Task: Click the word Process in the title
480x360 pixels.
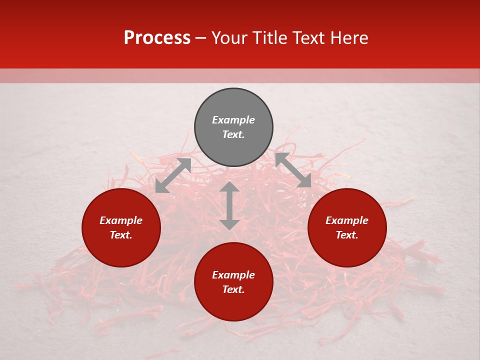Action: (157, 38)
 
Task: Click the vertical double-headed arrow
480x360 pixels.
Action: (229, 205)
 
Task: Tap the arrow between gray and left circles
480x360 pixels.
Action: (173, 175)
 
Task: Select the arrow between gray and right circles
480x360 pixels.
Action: (293, 170)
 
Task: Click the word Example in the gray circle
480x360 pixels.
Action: (233, 120)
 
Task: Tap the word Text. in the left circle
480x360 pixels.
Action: (121, 235)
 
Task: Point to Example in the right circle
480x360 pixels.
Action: (347, 220)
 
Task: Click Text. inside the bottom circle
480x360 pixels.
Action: (233, 290)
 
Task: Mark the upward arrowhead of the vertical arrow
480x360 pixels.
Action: (229, 186)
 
